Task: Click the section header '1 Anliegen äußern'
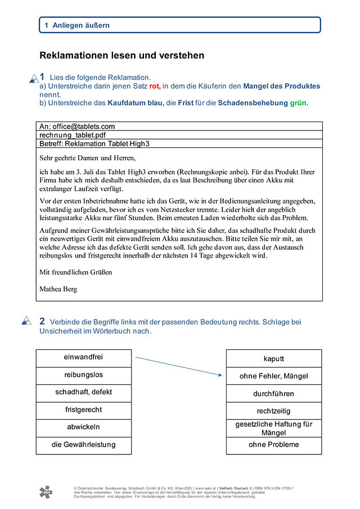click(x=77, y=25)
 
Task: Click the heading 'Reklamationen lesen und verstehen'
click(x=121, y=56)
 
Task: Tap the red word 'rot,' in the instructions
click(x=155, y=87)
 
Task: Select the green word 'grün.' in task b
click(x=299, y=103)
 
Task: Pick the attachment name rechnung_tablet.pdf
click(x=73, y=136)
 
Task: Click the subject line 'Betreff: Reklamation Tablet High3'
click(x=94, y=144)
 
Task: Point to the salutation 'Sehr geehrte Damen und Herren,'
click(x=88, y=157)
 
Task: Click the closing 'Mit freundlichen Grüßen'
click(x=76, y=272)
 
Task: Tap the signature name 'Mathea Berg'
click(x=58, y=289)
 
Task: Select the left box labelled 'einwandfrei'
click(x=83, y=358)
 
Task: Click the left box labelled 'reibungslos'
click(x=83, y=375)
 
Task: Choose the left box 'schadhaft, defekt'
click(x=83, y=393)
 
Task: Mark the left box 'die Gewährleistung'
click(x=83, y=445)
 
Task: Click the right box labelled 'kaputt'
click(x=274, y=359)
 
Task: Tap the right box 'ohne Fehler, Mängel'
click(x=274, y=376)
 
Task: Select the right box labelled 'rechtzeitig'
click(x=274, y=411)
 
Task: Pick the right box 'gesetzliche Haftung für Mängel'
click(x=274, y=429)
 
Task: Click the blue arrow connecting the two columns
click(x=178, y=366)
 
